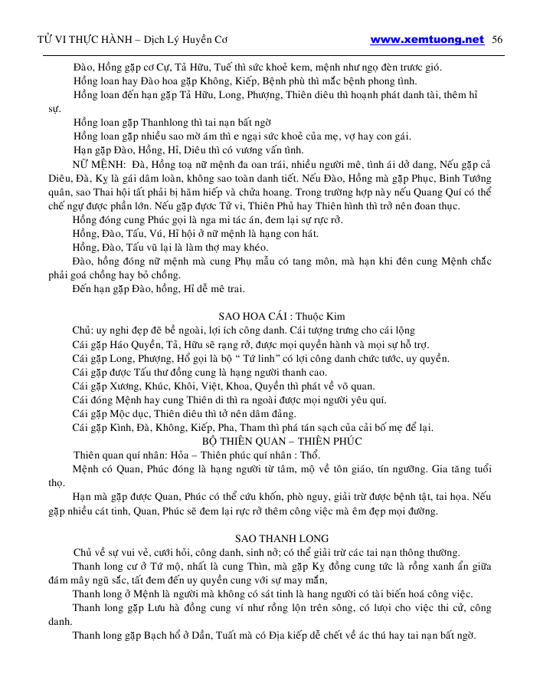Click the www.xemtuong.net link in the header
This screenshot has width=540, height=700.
click(427, 40)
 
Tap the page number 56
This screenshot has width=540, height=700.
click(497, 40)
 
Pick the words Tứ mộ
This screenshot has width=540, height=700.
click(153, 567)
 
